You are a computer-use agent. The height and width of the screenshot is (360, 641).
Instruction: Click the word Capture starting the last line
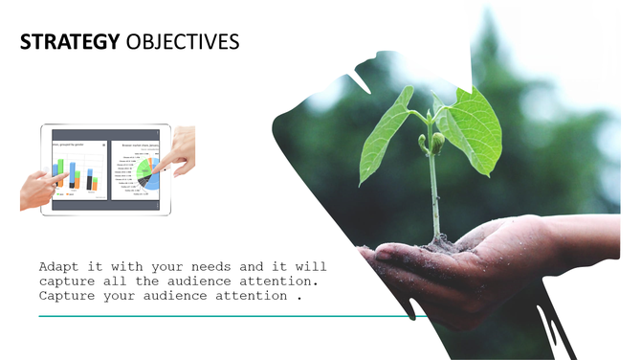(x=67, y=296)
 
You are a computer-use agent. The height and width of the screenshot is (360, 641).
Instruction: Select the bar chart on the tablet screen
(x=76, y=175)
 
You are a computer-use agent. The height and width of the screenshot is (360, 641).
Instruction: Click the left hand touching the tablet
(x=40, y=189)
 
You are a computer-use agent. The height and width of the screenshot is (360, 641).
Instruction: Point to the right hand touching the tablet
(x=179, y=151)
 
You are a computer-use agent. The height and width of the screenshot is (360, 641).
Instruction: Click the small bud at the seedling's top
(x=437, y=143)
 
